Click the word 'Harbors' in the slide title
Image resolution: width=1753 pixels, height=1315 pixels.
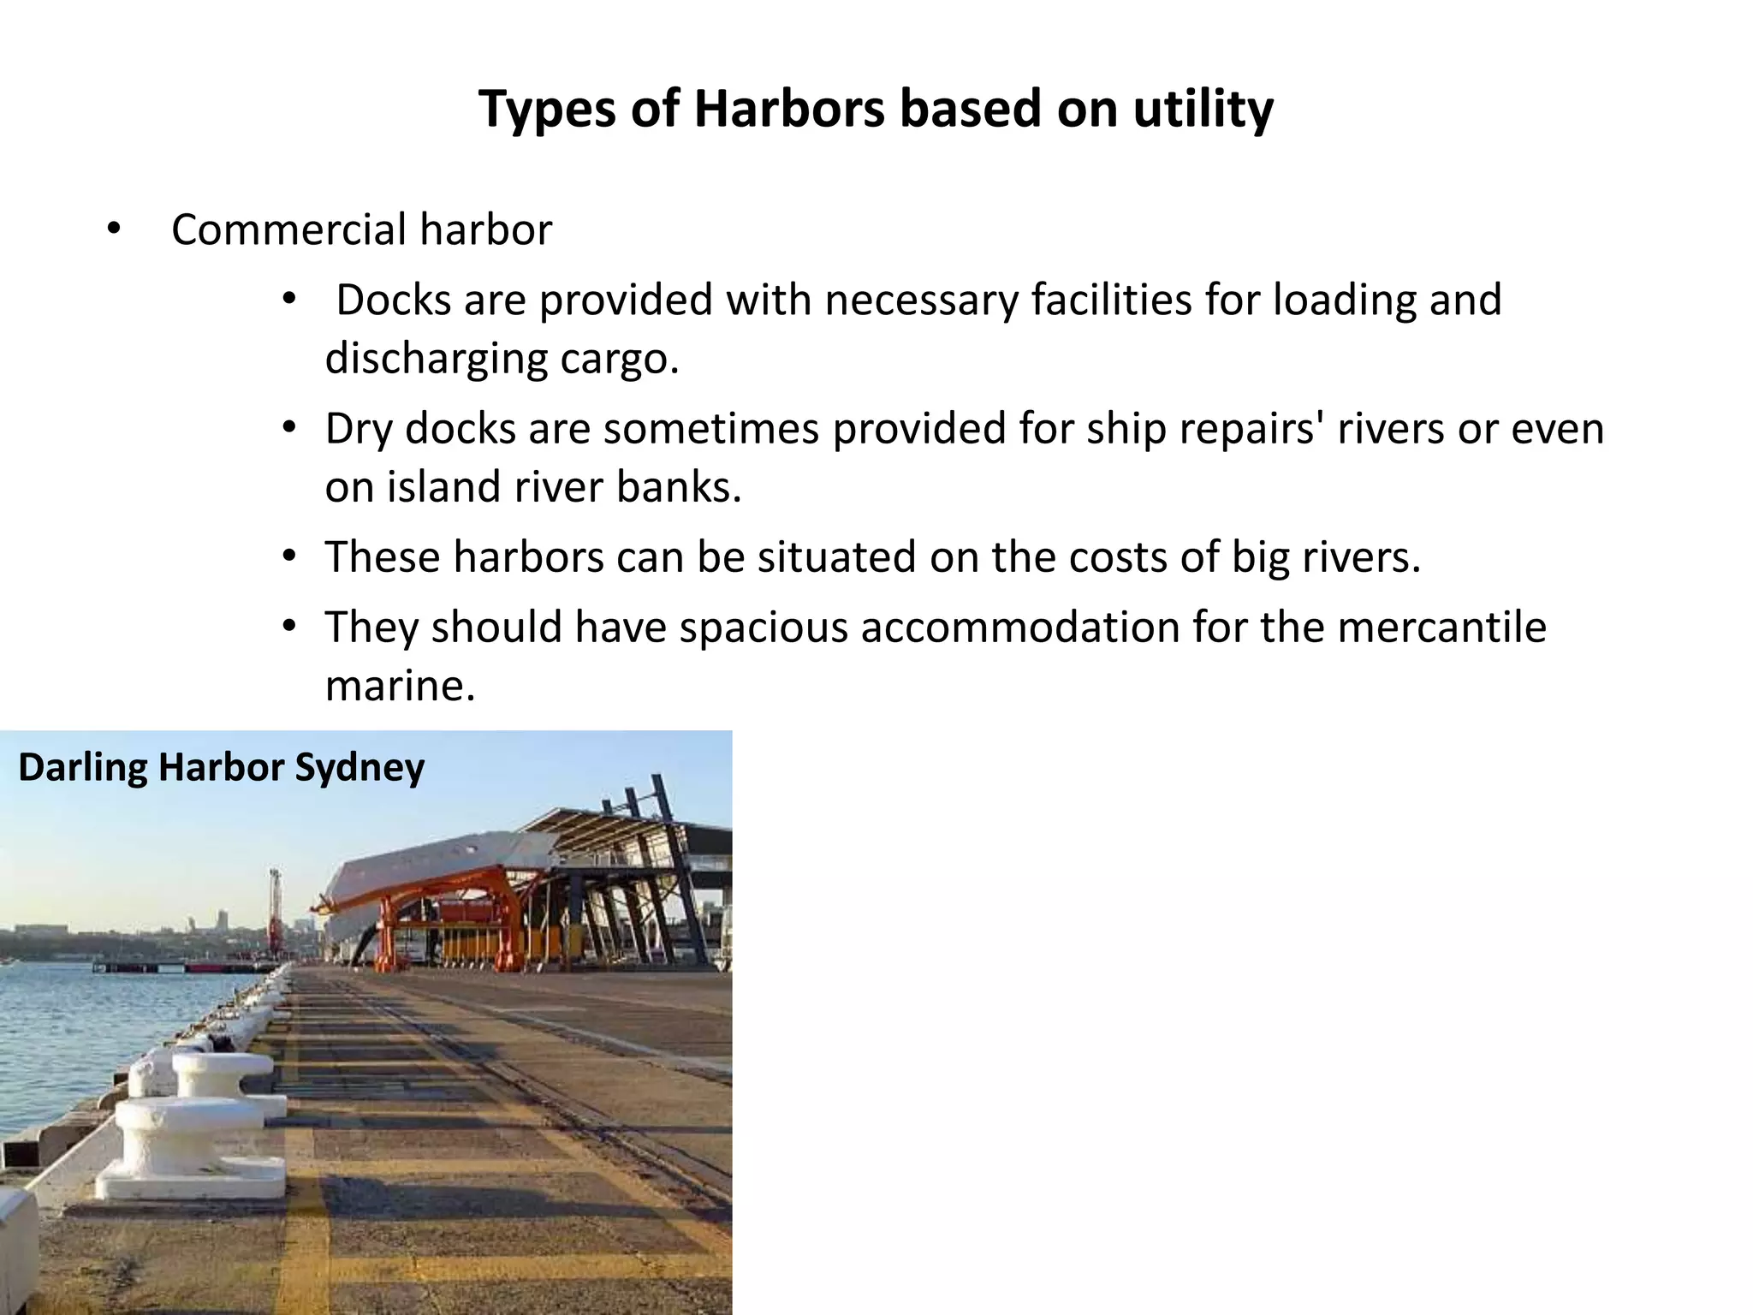(788, 110)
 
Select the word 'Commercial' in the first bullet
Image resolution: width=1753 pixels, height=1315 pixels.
(288, 230)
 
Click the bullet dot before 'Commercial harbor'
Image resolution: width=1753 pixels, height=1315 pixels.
(113, 229)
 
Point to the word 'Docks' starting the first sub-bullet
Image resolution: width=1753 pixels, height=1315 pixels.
(394, 300)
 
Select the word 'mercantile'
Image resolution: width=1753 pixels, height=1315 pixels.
(1441, 627)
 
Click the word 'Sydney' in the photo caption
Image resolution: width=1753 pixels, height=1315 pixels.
(360, 767)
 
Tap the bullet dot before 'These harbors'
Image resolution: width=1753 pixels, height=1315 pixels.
(289, 556)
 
